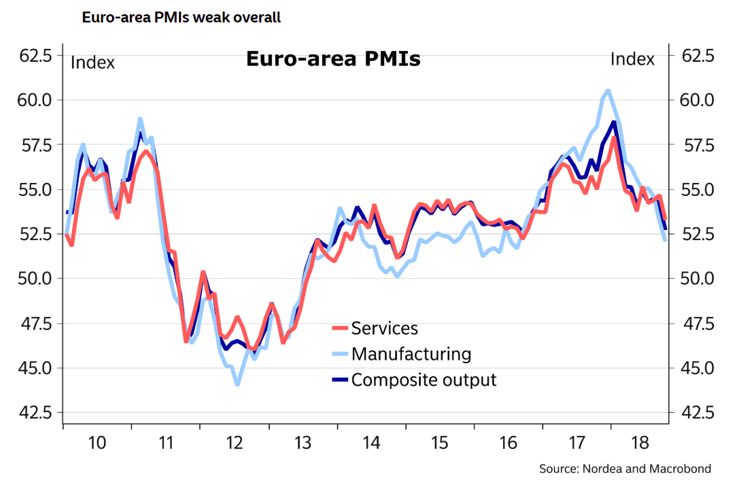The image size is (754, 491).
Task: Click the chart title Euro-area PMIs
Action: point(332,59)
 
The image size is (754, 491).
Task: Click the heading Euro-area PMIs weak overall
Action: point(181,18)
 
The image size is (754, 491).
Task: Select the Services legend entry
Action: point(384,328)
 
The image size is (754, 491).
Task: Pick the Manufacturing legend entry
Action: point(411,354)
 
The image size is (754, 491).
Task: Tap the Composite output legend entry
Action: point(424,379)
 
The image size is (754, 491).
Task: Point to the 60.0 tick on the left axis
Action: point(34,100)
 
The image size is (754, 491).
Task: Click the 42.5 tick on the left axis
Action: point(34,413)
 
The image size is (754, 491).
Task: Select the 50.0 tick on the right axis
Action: point(696,279)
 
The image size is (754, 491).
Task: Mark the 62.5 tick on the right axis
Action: point(696,56)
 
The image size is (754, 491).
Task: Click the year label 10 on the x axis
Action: point(97,443)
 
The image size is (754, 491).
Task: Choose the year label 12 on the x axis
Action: point(235,443)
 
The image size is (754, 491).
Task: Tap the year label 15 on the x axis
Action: point(440,443)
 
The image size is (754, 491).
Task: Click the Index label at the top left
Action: point(93,63)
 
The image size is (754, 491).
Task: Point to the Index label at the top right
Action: point(632,59)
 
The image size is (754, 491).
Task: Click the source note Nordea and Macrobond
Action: point(626,469)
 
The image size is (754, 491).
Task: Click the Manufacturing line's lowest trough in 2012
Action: point(237,384)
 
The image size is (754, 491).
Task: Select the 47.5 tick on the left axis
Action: point(34,324)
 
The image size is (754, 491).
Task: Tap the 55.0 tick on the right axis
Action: point(696,190)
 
